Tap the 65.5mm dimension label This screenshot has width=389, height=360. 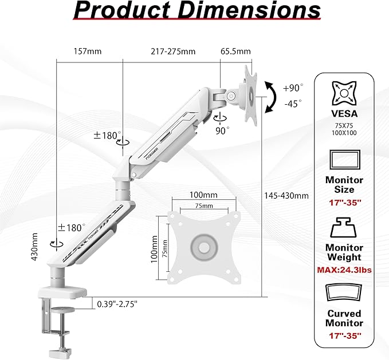(x=235, y=52)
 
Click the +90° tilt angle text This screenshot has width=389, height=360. (x=293, y=88)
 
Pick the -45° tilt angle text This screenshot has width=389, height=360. (x=293, y=104)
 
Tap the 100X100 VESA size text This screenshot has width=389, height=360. (x=344, y=132)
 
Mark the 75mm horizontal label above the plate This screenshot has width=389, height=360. (x=203, y=206)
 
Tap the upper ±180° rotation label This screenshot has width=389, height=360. (x=107, y=136)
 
